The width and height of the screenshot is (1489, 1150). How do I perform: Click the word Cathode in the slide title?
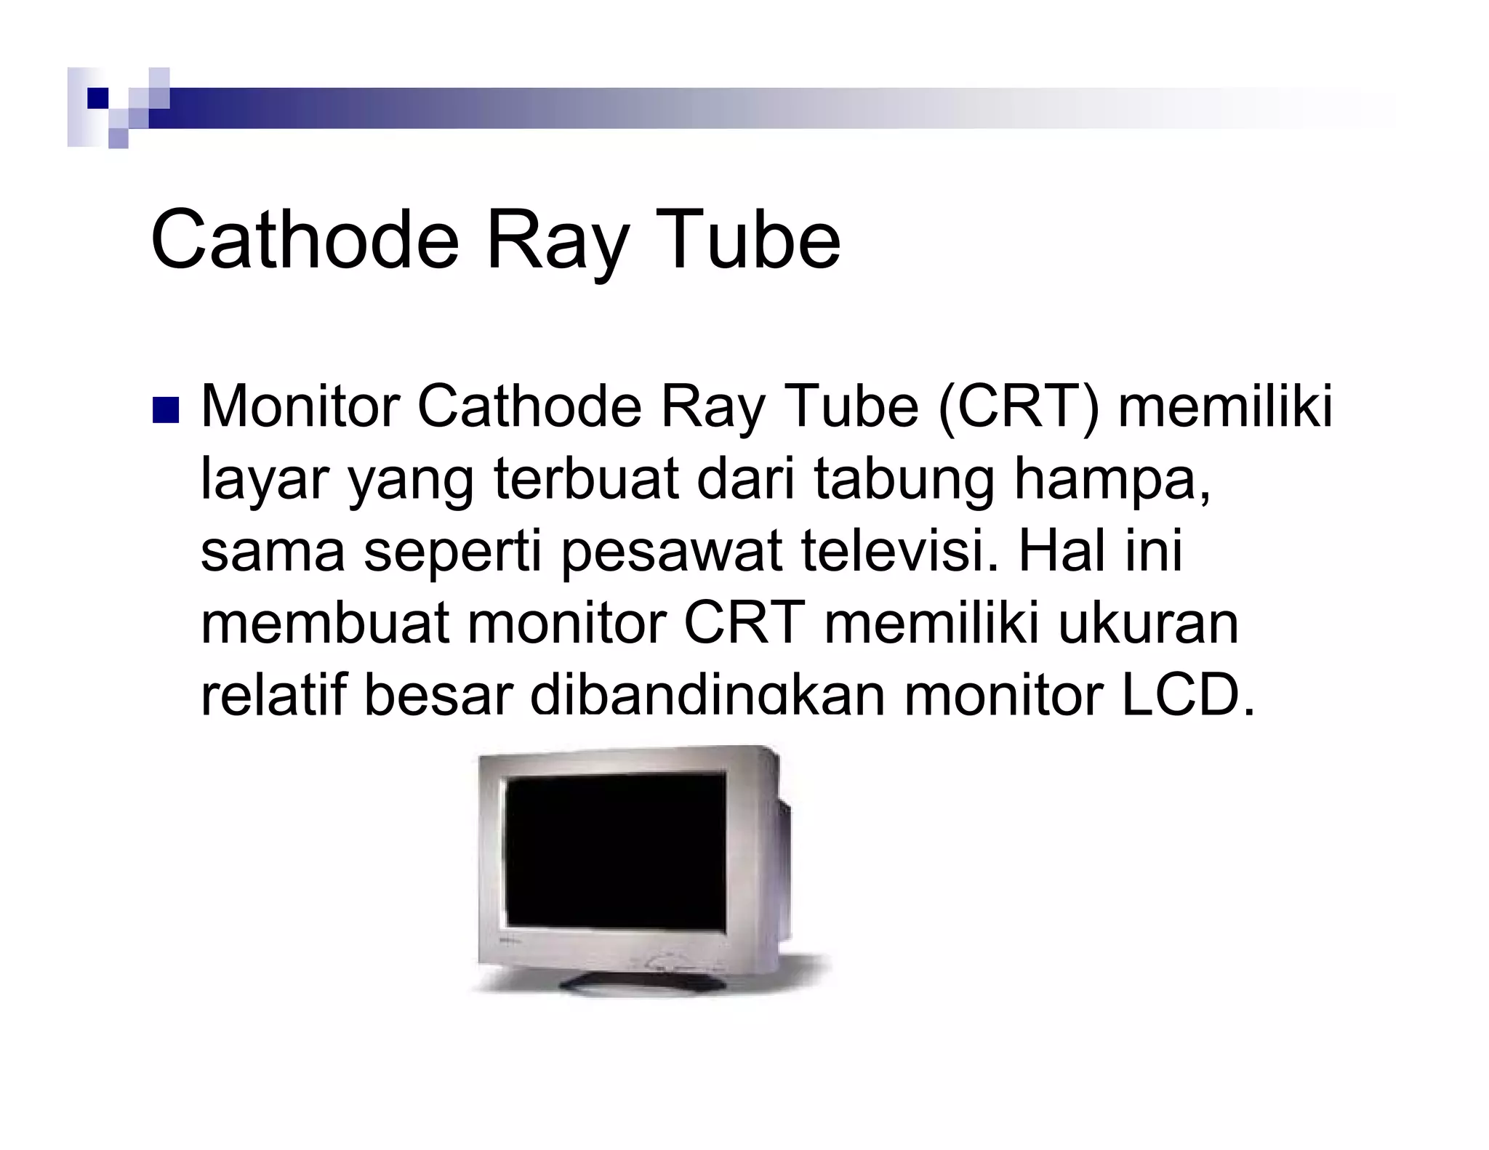(x=305, y=239)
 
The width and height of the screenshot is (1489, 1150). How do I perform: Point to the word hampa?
(x=1112, y=480)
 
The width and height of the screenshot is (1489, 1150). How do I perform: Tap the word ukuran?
(x=1148, y=623)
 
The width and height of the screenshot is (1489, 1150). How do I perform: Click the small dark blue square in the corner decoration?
(x=97, y=98)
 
